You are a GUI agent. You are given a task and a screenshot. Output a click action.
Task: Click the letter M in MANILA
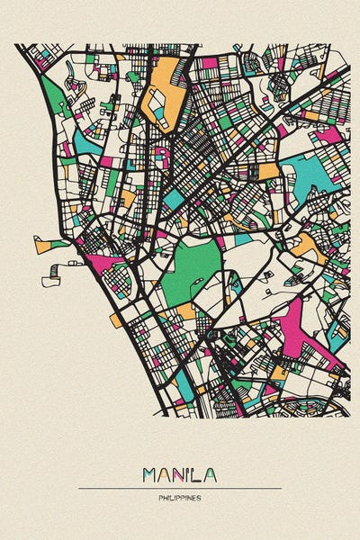pyautogui.click(x=150, y=473)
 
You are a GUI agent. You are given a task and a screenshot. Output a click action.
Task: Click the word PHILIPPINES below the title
pyautogui.click(x=180, y=498)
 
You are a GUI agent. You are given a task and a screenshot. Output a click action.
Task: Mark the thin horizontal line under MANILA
pyautogui.click(x=180, y=488)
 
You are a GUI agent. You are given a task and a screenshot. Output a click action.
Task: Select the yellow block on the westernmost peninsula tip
pyautogui.click(x=43, y=244)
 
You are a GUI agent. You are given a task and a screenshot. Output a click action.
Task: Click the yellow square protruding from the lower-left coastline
pyautogui.click(x=116, y=319)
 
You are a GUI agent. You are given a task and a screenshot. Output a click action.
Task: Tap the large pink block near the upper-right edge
pyautogui.click(x=328, y=135)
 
